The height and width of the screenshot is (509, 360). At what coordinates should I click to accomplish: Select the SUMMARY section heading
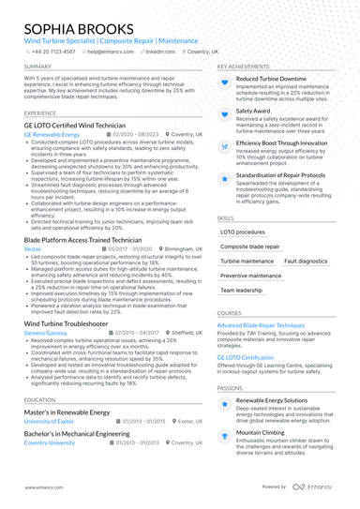(x=38, y=67)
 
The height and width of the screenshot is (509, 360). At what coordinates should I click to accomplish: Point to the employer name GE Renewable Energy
(x=52, y=134)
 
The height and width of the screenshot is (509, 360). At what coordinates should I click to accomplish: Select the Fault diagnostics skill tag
(x=306, y=262)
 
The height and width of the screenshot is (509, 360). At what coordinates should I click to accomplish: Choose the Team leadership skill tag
(x=242, y=292)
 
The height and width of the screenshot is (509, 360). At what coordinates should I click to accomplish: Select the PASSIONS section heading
(x=231, y=387)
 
